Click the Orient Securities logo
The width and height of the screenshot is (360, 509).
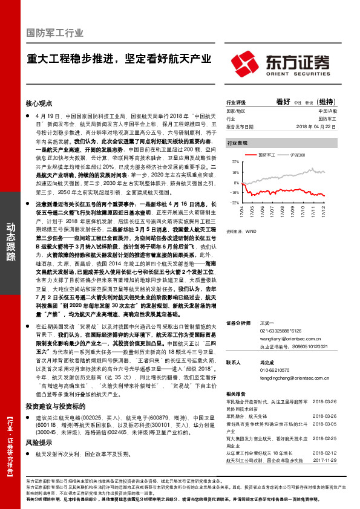click(280, 62)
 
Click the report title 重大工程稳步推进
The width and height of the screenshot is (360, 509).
click(119, 59)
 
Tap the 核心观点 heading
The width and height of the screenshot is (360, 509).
click(39, 103)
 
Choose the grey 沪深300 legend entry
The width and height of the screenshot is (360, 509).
click(296, 155)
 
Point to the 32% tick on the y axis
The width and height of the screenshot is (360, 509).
click(235, 163)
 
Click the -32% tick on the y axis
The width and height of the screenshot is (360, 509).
click(234, 203)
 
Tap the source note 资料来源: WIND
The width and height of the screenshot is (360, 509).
click(241, 230)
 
